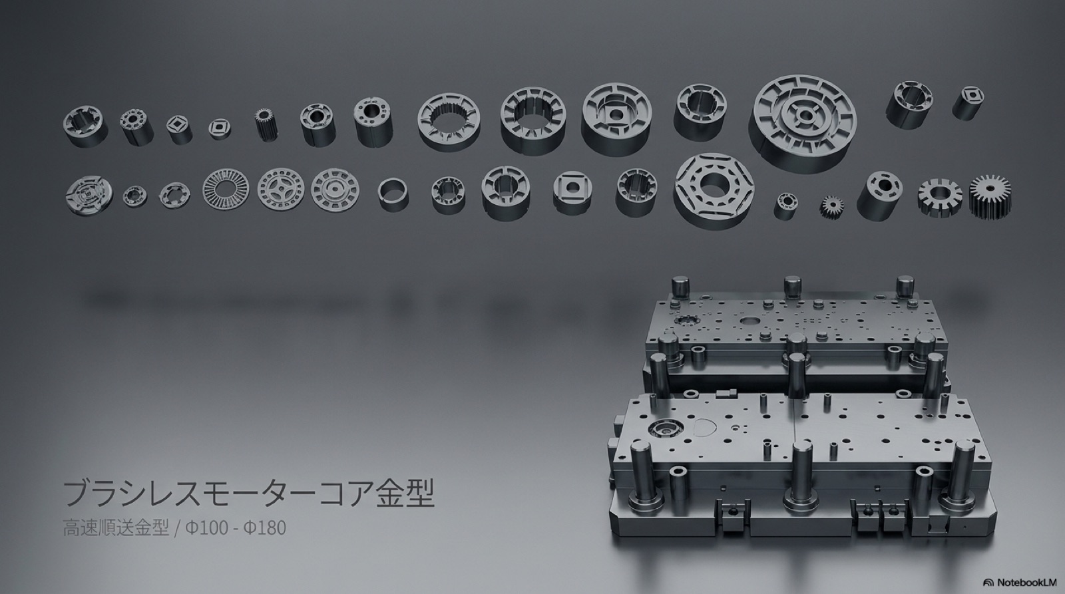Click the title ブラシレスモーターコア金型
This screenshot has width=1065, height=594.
click(x=249, y=494)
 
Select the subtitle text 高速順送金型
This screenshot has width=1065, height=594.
click(x=116, y=528)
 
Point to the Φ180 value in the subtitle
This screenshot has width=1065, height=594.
click(x=265, y=528)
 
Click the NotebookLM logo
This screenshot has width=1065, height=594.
click(x=1020, y=582)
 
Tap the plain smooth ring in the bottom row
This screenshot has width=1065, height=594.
click(x=393, y=194)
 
